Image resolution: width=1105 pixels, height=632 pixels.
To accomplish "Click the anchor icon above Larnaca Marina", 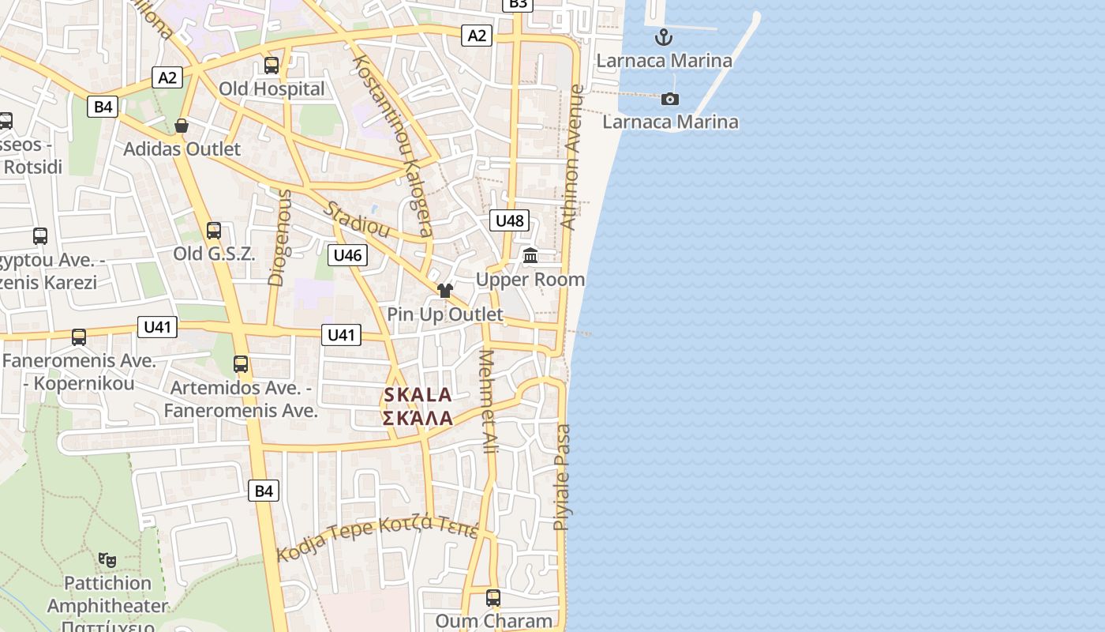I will pos(664,36).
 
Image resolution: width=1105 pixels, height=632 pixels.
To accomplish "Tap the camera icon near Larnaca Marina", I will pos(670,99).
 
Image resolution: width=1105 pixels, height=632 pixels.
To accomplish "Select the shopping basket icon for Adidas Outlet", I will pos(182,126).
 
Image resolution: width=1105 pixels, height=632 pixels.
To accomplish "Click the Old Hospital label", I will pos(272,88).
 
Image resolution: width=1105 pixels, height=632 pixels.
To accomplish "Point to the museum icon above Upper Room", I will pos(530,256).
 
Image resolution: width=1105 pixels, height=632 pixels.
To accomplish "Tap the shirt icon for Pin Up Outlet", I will pos(445,291).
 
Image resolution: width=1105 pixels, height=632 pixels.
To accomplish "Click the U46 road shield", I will pos(347,254).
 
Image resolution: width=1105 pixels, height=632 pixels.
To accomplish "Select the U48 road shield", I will pos(509,220).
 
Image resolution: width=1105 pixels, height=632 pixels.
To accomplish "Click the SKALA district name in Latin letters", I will pos(418,395).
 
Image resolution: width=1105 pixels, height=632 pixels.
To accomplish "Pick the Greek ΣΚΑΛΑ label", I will pos(418,418).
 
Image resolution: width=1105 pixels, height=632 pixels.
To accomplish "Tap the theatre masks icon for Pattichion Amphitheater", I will pos(107,560).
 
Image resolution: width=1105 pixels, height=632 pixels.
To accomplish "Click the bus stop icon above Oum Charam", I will pos(493,598).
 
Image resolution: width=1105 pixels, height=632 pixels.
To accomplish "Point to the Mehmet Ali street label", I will pos(489,401).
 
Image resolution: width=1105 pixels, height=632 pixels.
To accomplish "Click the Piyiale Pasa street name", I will pos(562,477).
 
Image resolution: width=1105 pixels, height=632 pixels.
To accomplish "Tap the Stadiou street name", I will pos(358,220).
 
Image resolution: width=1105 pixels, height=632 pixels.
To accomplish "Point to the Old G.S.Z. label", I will pos(214,254).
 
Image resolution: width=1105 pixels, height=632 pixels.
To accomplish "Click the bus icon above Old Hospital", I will pos(272,66).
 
